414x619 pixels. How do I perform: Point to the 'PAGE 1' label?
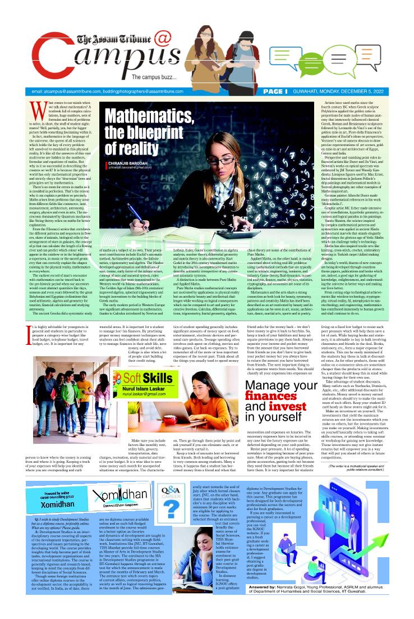(x=275, y=91)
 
